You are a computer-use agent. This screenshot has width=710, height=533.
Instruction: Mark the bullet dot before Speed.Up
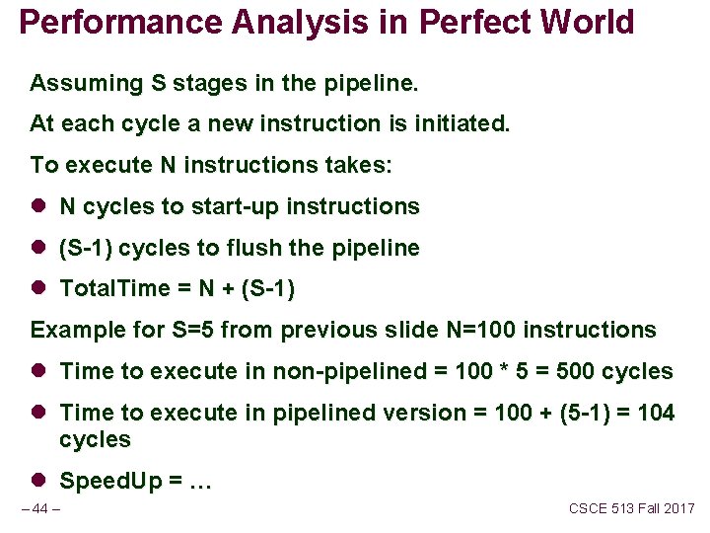pyautogui.click(x=38, y=481)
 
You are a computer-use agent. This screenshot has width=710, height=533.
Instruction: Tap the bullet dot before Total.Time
pyautogui.click(x=38, y=289)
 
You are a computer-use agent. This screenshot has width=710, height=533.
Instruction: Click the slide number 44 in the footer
pyautogui.click(x=39, y=509)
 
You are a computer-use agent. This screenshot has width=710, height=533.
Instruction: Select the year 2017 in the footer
pyautogui.click(x=677, y=508)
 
